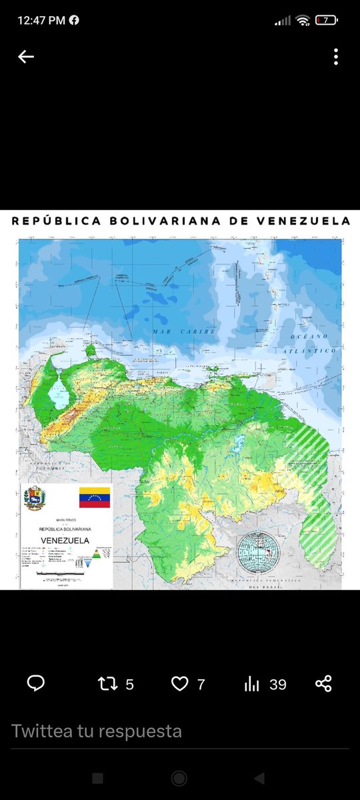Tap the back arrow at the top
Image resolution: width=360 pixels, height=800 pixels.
point(26,57)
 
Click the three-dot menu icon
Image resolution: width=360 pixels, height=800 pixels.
point(335,57)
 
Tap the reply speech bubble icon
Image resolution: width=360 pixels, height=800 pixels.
point(35,683)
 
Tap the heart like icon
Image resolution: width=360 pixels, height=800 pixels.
point(179,683)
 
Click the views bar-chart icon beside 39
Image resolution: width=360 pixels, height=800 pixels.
point(252,683)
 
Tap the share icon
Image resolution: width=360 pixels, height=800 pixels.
point(323,683)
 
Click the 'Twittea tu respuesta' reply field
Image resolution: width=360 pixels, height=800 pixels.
point(97,731)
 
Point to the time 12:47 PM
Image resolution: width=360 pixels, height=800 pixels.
point(41,20)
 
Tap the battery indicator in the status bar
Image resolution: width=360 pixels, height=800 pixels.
point(326,20)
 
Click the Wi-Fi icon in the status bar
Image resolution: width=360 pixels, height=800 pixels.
point(303,20)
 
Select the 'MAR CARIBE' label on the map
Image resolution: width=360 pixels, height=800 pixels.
point(174,331)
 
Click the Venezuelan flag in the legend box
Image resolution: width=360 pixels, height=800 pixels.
point(94,497)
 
